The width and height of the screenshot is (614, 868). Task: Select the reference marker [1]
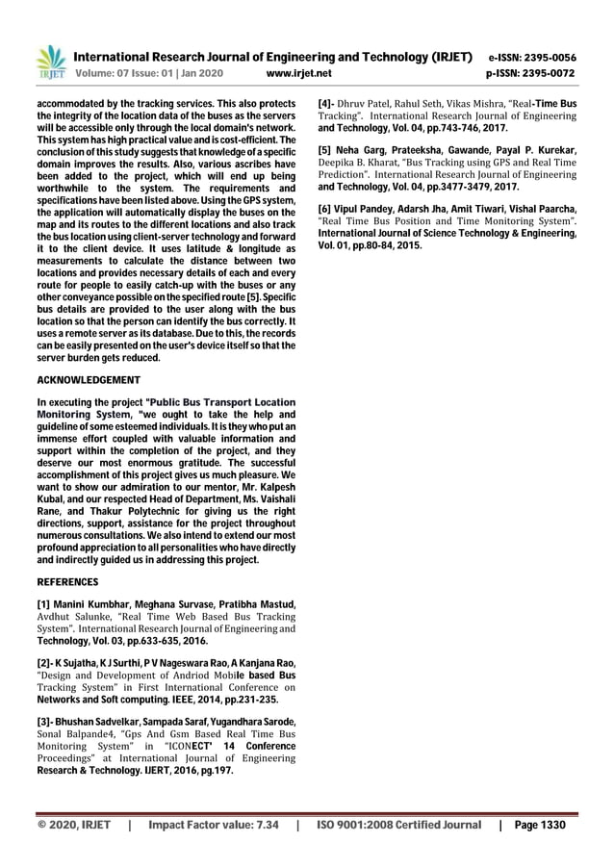44,603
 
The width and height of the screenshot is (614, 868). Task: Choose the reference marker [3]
45,723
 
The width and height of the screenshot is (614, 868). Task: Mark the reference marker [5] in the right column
326,149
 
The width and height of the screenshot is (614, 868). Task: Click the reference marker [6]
326,209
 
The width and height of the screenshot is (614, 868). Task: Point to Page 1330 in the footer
541,825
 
